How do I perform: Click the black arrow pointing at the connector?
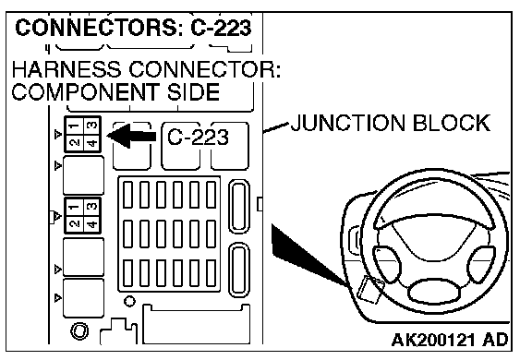[x=132, y=136]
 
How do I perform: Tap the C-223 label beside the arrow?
[x=199, y=137]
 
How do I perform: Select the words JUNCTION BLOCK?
[x=391, y=123]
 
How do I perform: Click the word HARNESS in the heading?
[x=66, y=69]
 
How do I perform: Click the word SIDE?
[x=193, y=91]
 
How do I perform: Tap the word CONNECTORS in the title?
[x=96, y=28]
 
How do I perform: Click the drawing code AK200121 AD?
[x=450, y=340]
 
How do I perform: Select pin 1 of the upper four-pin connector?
[x=74, y=126]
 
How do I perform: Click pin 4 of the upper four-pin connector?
[x=92, y=143]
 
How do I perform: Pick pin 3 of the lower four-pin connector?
[x=92, y=207]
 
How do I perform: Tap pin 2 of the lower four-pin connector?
[x=74, y=223]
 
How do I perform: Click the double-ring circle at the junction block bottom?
[x=79, y=330]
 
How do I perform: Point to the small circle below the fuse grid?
[x=129, y=301]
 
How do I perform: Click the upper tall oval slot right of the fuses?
[x=239, y=207]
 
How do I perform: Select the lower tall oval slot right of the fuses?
[x=239, y=270]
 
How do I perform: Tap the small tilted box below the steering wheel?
[x=370, y=289]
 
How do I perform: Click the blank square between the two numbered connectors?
[x=83, y=174]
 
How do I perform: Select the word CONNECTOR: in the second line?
[x=205, y=69]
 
